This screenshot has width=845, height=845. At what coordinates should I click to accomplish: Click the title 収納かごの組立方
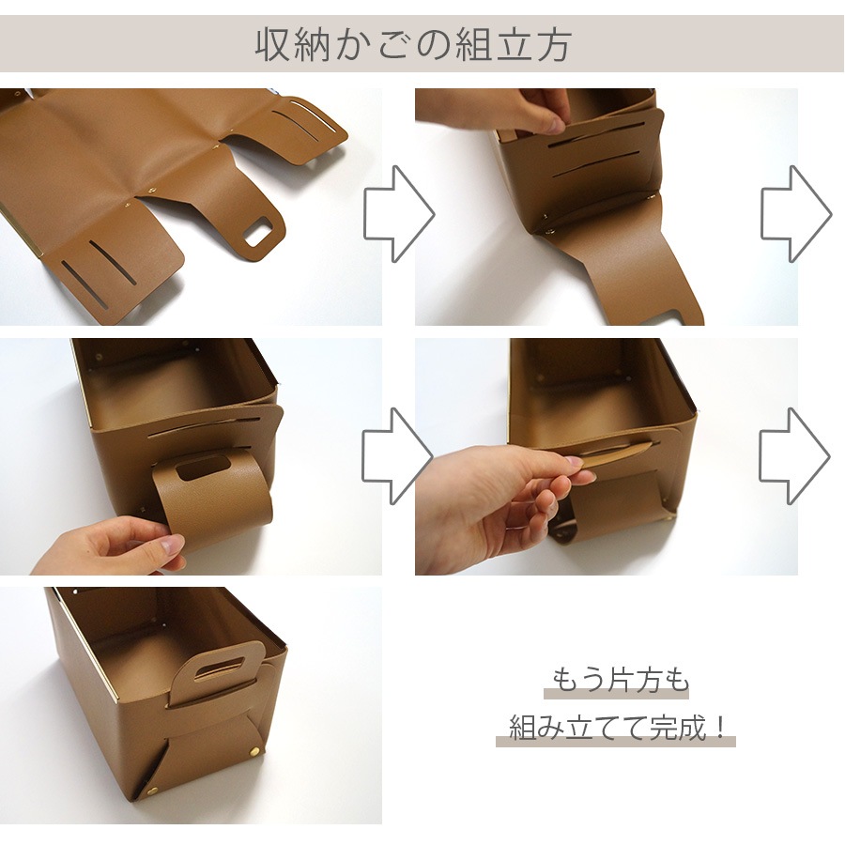click(414, 44)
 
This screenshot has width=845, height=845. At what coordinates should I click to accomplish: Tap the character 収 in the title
click(272, 44)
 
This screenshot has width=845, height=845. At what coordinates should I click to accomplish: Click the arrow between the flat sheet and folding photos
click(398, 214)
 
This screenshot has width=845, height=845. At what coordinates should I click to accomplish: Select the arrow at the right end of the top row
click(795, 214)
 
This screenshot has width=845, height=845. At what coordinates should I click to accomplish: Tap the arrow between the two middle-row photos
click(398, 456)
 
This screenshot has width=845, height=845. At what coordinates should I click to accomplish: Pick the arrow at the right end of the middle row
click(795, 456)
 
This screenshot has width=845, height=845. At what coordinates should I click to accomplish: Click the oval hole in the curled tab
click(204, 468)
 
